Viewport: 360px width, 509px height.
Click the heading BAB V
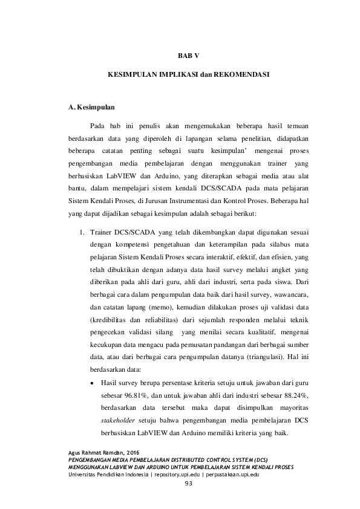click(188, 56)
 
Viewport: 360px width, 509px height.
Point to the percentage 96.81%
click(128, 395)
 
